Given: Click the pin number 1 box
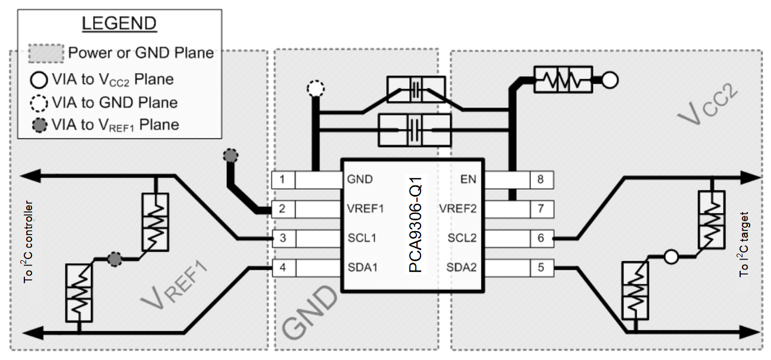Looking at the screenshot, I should [x=283, y=179].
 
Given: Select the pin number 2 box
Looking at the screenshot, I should [x=283, y=209].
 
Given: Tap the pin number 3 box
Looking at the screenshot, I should [x=283, y=238].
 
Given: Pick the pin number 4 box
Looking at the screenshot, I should [x=283, y=267].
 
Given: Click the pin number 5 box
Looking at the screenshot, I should [x=541, y=267].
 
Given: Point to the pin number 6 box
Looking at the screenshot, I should [x=541, y=238].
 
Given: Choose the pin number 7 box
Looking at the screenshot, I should [x=541, y=209].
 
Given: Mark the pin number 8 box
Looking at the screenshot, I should [x=541, y=179].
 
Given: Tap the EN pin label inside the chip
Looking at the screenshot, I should [x=468, y=179].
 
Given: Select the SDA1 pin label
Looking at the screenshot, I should [x=362, y=267].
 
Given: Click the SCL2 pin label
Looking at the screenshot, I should [x=462, y=238].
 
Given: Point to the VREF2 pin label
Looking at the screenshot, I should [x=458, y=209].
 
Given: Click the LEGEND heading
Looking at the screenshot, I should [x=118, y=24].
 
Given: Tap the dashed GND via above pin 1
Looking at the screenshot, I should [x=315, y=90].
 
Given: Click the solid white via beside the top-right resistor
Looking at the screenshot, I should [x=610, y=79].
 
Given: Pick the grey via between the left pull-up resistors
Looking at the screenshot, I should [x=115, y=259].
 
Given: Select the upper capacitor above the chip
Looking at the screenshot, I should [x=418, y=88].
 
